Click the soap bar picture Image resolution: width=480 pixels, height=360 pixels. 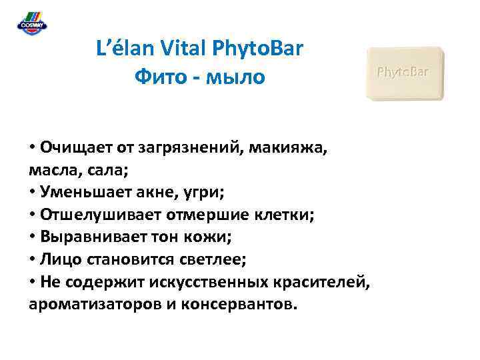coord(405,73)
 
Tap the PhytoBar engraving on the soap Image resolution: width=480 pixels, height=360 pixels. coord(403,71)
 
